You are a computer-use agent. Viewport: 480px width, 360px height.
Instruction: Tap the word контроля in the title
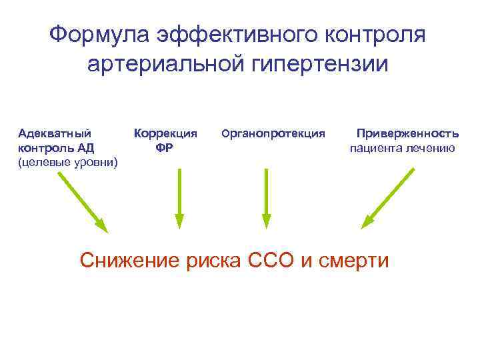(373, 35)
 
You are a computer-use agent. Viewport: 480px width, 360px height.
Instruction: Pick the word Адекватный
(55, 133)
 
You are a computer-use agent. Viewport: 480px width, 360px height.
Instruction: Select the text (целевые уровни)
(68, 162)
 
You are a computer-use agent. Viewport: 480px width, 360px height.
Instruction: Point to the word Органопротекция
(273, 133)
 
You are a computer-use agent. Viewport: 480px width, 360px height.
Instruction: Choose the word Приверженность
(407, 133)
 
